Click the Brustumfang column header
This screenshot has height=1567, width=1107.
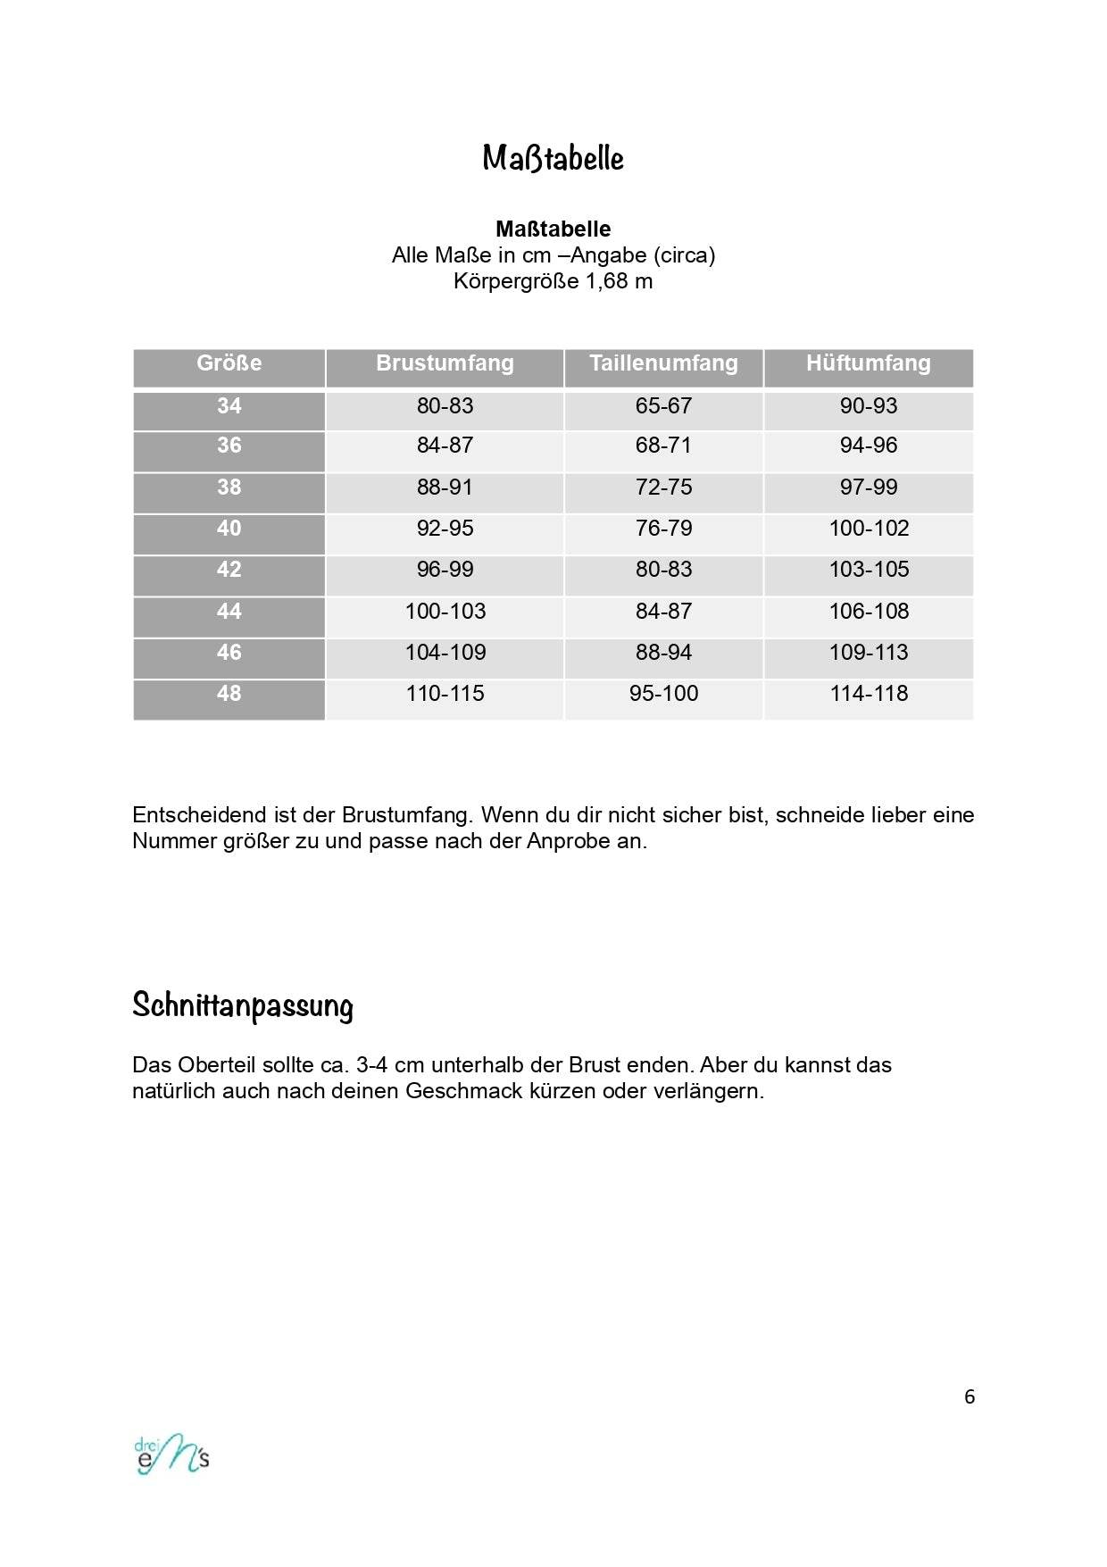(x=445, y=363)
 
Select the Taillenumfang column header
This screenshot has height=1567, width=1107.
(x=663, y=363)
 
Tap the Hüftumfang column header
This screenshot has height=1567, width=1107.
(x=868, y=363)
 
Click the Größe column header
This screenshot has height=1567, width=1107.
(x=229, y=363)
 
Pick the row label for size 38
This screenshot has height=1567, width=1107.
(x=229, y=488)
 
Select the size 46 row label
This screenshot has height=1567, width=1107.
(x=229, y=653)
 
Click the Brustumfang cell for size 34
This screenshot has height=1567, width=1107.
(x=445, y=406)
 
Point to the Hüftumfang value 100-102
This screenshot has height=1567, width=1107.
(x=869, y=529)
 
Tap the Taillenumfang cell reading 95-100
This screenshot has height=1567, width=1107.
(x=663, y=694)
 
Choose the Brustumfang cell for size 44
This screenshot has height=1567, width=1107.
(x=445, y=612)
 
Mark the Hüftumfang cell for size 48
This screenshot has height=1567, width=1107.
(x=869, y=694)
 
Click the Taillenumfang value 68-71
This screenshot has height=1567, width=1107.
(x=663, y=446)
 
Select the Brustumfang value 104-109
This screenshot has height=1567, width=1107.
(x=445, y=653)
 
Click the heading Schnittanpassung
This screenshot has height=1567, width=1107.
(x=242, y=1005)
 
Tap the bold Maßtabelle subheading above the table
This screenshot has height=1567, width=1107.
(x=553, y=229)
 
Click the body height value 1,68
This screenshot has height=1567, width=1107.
(x=607, y=282)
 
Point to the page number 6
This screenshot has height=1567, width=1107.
(x=970, y=1397)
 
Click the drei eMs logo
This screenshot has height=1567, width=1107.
(x=171, y=1455)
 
